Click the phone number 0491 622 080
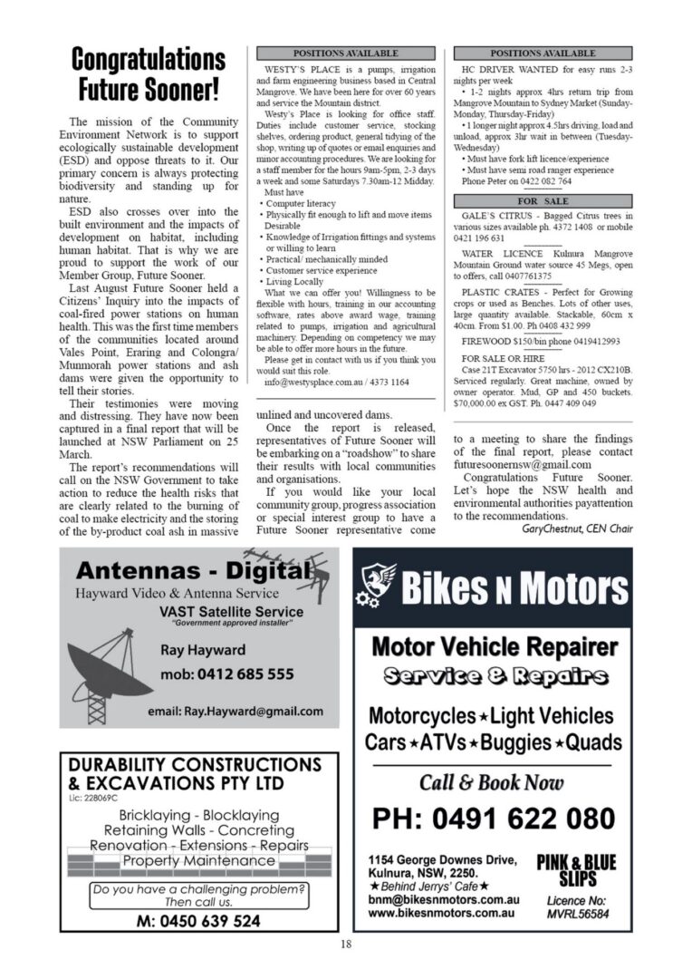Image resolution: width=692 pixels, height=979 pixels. point(494,819)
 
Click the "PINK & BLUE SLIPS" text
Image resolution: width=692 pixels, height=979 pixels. point(576,871)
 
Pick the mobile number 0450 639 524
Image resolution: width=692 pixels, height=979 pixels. point(197,920)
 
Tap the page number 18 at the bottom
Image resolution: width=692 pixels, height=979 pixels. point(346,945)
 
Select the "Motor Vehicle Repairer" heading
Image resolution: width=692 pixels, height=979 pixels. point(495,647)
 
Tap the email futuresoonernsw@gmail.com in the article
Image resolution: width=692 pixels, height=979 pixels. point(523,464)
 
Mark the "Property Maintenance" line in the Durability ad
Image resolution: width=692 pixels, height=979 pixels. point(198,860)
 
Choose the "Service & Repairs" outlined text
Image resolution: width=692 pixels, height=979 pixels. point(495,677)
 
